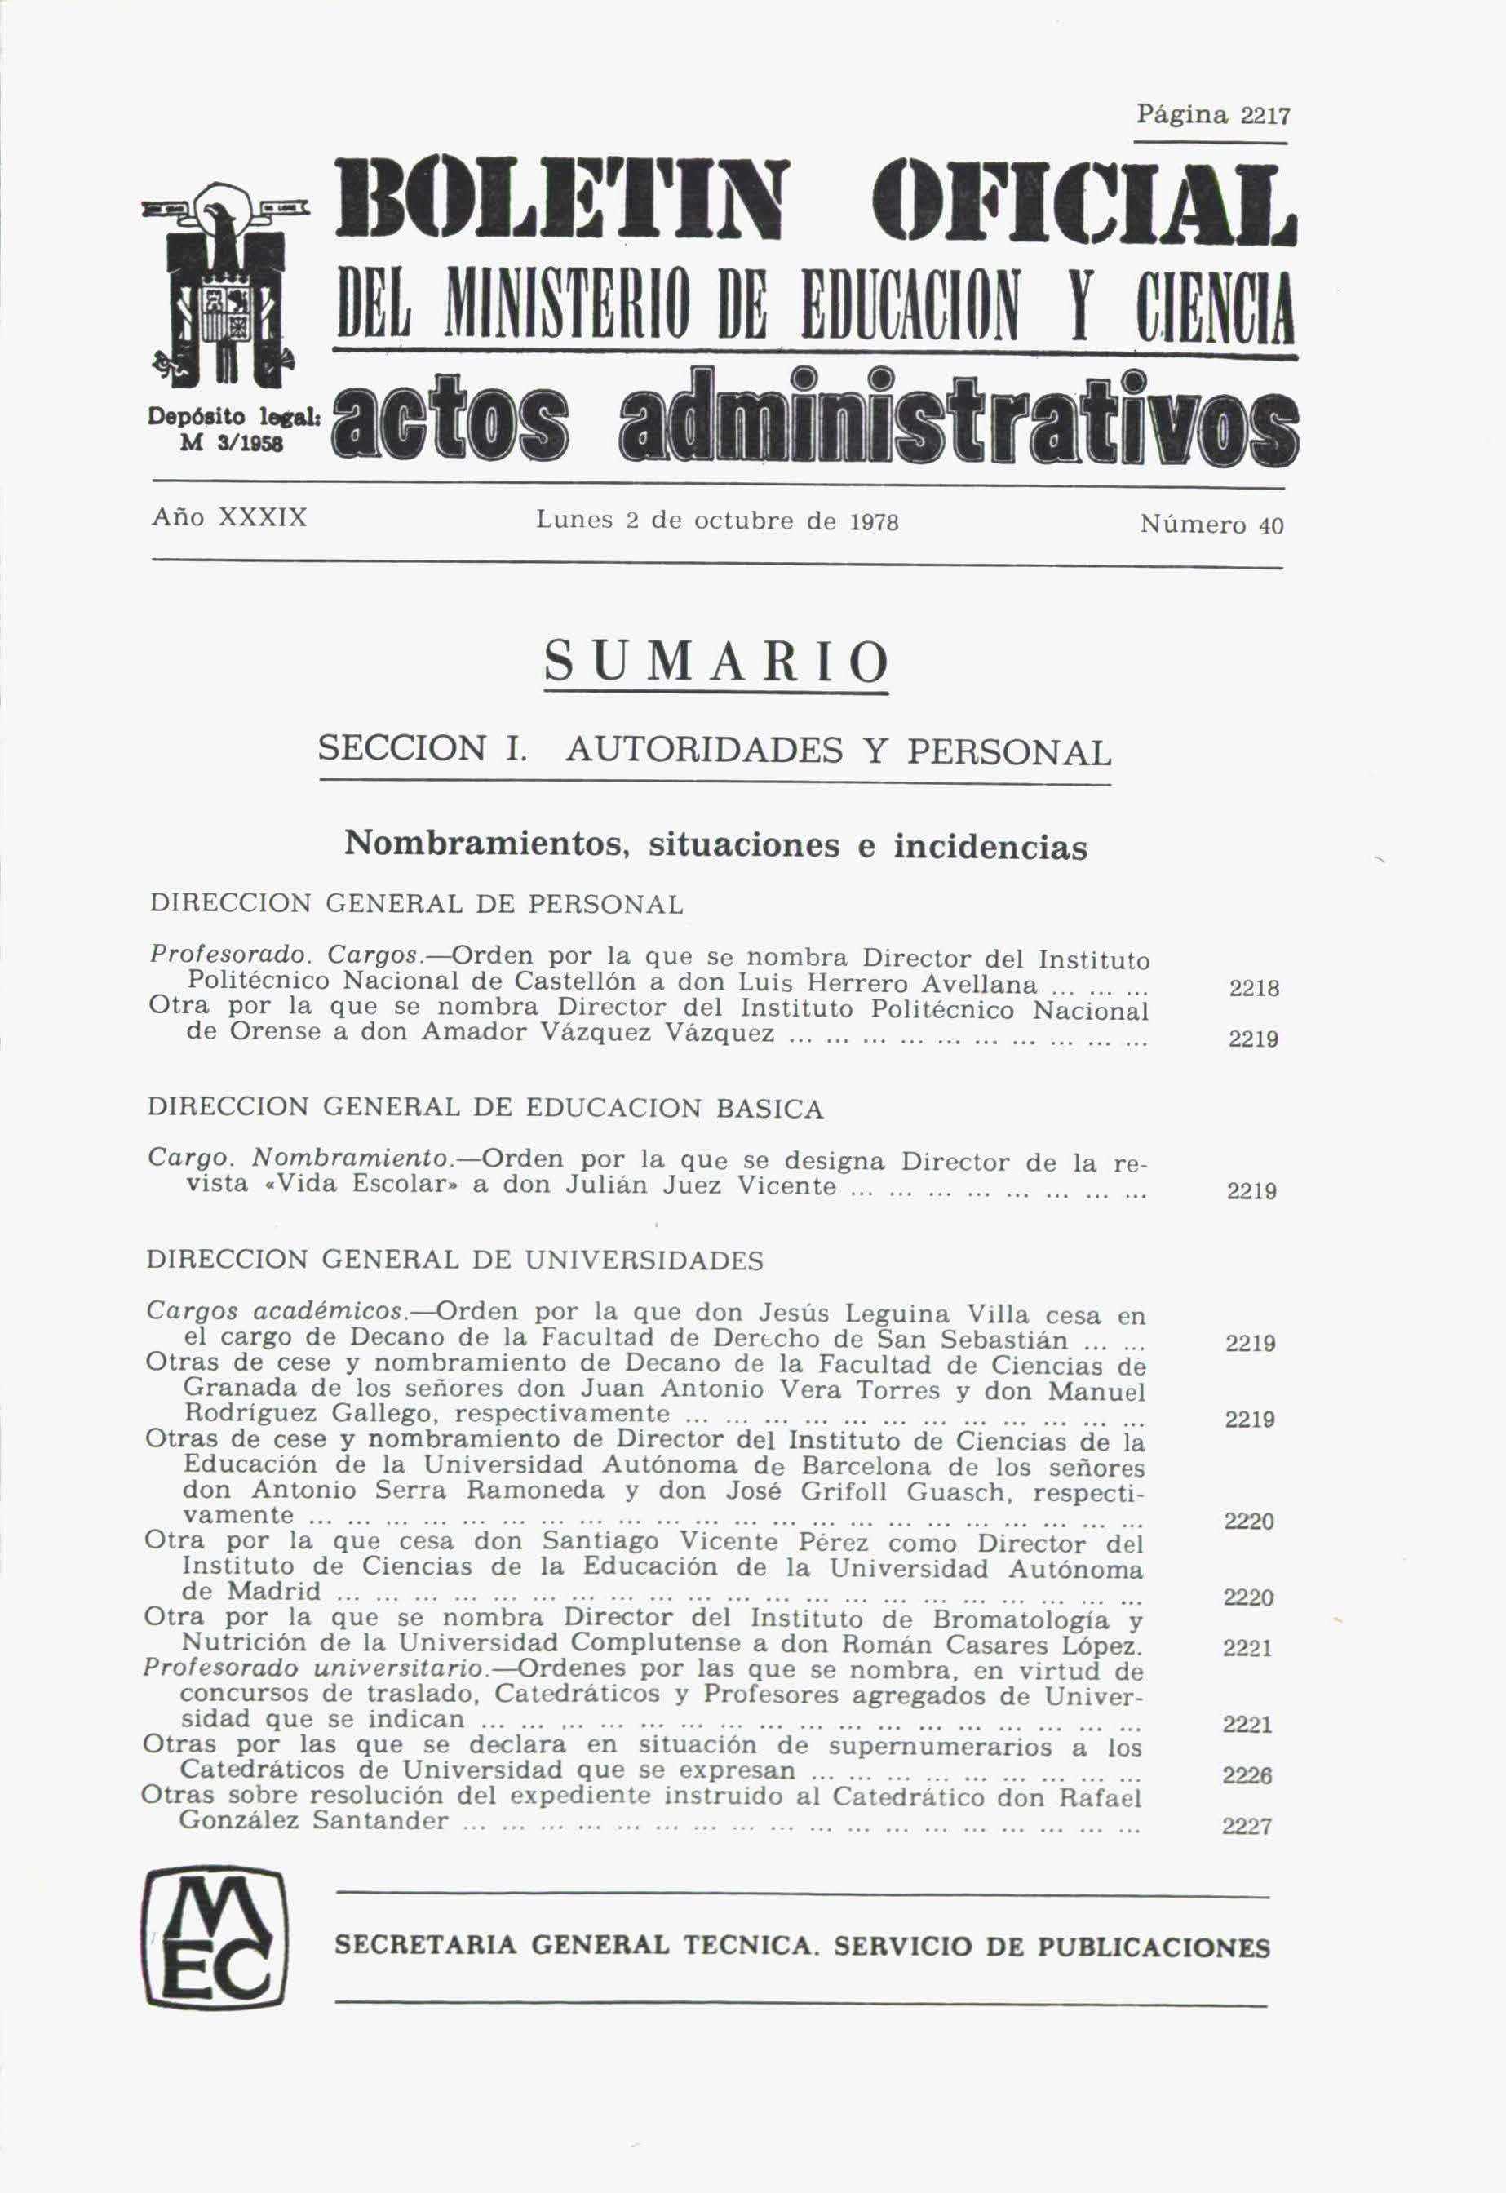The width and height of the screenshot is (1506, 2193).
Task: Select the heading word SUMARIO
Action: click(x=716, y=662)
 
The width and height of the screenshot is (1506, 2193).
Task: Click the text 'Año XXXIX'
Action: click(x=229, y=519)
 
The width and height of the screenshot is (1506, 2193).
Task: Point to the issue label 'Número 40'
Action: click(x=1211, y=525)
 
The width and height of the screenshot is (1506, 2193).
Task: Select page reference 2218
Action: click(x=1254, y=990)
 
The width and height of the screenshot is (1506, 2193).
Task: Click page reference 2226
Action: click(x=1247, y=1776)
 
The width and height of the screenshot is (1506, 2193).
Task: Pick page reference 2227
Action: click(x=1247, y=1827)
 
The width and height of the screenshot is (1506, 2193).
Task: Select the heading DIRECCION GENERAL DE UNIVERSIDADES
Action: click(x=455, y=1260)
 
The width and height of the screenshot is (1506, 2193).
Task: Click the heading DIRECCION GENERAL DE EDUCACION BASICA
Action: click(x=485, y=1109)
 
